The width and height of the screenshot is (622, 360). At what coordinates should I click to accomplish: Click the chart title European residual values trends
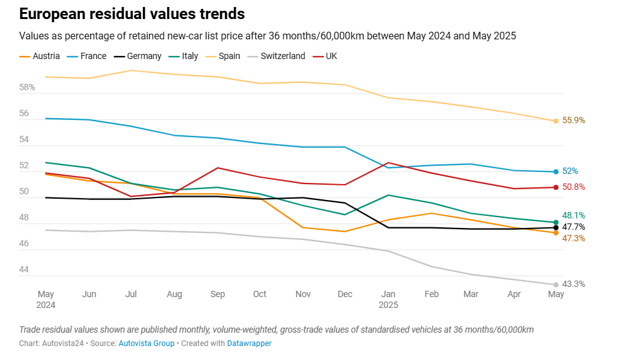(132, 13)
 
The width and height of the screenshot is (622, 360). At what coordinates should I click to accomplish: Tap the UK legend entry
(330, 56)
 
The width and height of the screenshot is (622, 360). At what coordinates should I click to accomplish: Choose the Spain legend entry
(229, 56)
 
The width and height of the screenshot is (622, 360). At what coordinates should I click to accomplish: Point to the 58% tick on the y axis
(27, 87)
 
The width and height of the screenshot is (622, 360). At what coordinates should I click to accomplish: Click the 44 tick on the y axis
(24, 270)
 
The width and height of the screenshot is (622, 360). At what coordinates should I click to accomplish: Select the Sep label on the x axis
(217, 294)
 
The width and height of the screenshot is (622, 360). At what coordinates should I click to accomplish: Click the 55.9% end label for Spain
(574, 121)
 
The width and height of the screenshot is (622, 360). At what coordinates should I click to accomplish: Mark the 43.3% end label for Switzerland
(574, 284)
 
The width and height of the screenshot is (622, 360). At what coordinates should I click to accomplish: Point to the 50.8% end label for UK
(574, 187)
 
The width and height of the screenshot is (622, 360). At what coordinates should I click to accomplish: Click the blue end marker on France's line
(556, 171)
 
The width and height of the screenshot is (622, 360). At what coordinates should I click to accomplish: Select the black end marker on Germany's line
(556, 227)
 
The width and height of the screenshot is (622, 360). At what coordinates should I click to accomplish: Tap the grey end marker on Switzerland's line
(556, 284)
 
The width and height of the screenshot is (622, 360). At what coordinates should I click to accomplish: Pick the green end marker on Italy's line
(556, 222)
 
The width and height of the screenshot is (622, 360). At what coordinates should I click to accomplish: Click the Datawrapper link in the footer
(250, 343)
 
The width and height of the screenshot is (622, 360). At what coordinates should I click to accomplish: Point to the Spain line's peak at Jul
(132, 70)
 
